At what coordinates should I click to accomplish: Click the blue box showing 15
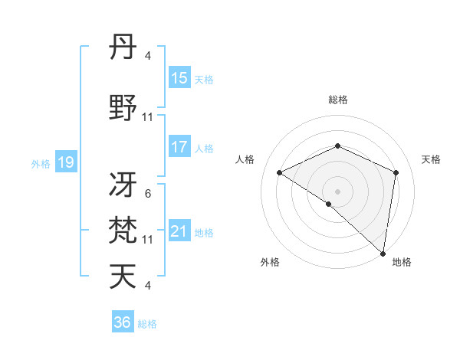(x=179, y=78)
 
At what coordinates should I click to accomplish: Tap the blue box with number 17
(x=179, y=147)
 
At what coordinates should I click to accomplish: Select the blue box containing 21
(x=179, y=231)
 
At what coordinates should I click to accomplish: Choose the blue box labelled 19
(x=65, y=162)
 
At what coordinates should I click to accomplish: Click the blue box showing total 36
(x=122, y=322)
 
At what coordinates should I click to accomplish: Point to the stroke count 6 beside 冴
(x=147, y=194)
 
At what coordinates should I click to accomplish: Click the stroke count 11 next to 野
(x=148, y=117)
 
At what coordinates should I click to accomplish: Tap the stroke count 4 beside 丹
(x=147, y=56)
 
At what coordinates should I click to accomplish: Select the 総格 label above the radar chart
(x=338, y=100)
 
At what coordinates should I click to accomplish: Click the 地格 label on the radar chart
(x=402, y=263)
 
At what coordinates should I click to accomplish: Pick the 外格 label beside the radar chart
(x=269, y=263)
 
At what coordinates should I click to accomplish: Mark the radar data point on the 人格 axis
(x=280, y=172)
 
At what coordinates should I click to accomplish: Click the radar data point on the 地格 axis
(x=383, y=252)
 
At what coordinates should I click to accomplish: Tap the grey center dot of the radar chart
(x=337, y=191)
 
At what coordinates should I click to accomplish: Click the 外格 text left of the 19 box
(x=40, y=162)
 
